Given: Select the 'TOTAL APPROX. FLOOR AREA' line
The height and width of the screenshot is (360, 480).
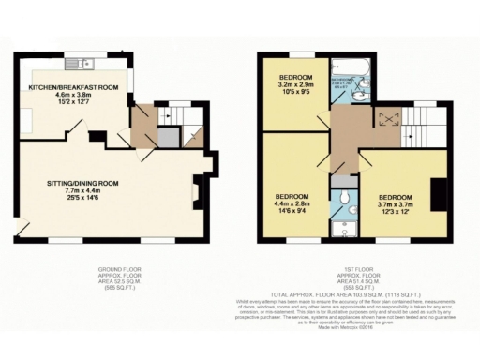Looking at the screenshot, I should pyautogui.click(x=348, y=294).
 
